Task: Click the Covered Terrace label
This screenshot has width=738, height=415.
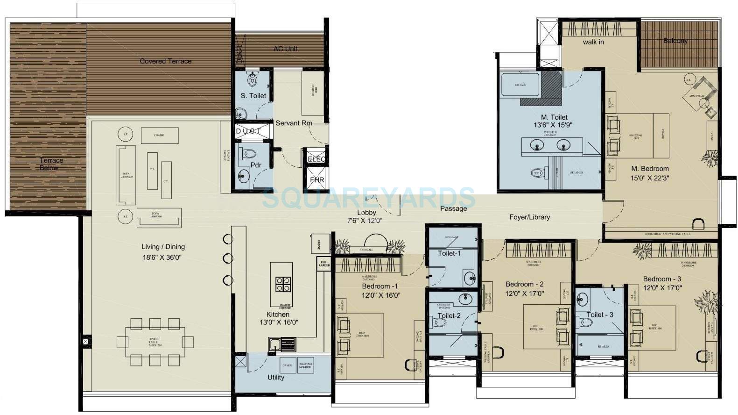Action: [x=166, y=61]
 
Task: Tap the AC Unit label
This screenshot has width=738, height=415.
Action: [x=285, y=49]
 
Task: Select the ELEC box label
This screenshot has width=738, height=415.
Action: [x=316, y=159]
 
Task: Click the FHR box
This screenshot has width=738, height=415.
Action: [x=316, y=180]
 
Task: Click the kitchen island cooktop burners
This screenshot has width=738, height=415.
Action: [x=282, y=284]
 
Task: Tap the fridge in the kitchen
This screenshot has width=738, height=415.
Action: [x=315, y=243]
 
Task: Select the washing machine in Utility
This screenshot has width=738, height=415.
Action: [x=305, y=365]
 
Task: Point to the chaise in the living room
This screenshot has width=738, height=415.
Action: [x=159, y=136]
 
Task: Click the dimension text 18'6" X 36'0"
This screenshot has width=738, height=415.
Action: [x=162, y=257]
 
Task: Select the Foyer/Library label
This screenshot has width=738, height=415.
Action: [x=529, y=217]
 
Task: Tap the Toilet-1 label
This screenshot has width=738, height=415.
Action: [x=449, y=253]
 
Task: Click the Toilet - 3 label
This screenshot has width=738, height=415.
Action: [x=600, y=315]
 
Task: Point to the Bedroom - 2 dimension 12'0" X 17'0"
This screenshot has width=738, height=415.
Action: [x=525, y=293]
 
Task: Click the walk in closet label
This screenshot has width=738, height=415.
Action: [x=593, y=42]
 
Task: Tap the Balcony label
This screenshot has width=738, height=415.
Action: [x=675, y=41]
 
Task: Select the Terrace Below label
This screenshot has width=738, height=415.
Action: [x=50, y=164]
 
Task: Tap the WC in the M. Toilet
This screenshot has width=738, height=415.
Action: [x=537, y=173]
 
